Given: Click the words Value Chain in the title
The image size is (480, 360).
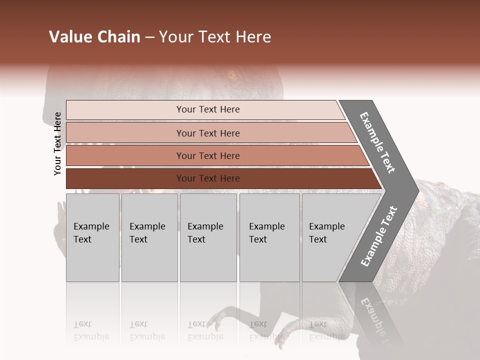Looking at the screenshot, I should [94, 37].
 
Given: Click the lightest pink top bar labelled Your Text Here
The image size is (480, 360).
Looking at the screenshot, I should [207, 109].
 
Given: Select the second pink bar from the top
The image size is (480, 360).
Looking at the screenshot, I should [207, 133].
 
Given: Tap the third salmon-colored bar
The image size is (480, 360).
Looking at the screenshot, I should [207, 155].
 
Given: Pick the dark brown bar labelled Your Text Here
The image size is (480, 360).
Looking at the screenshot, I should [207, 178].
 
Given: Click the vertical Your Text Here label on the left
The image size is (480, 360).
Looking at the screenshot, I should [57, 143].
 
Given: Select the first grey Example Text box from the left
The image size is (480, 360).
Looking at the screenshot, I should [92, 237].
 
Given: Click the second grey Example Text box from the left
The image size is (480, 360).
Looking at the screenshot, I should [149, 237].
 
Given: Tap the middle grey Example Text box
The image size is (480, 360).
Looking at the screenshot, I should [208, 237].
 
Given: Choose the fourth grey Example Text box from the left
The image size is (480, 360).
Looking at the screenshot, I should [269, 237].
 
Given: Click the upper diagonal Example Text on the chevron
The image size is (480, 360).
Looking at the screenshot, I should [378, 142].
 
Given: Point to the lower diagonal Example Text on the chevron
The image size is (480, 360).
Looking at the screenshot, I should [379, 236].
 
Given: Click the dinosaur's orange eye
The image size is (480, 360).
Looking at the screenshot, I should [232, 76].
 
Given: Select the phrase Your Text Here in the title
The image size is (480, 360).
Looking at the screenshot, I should [215, 37].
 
